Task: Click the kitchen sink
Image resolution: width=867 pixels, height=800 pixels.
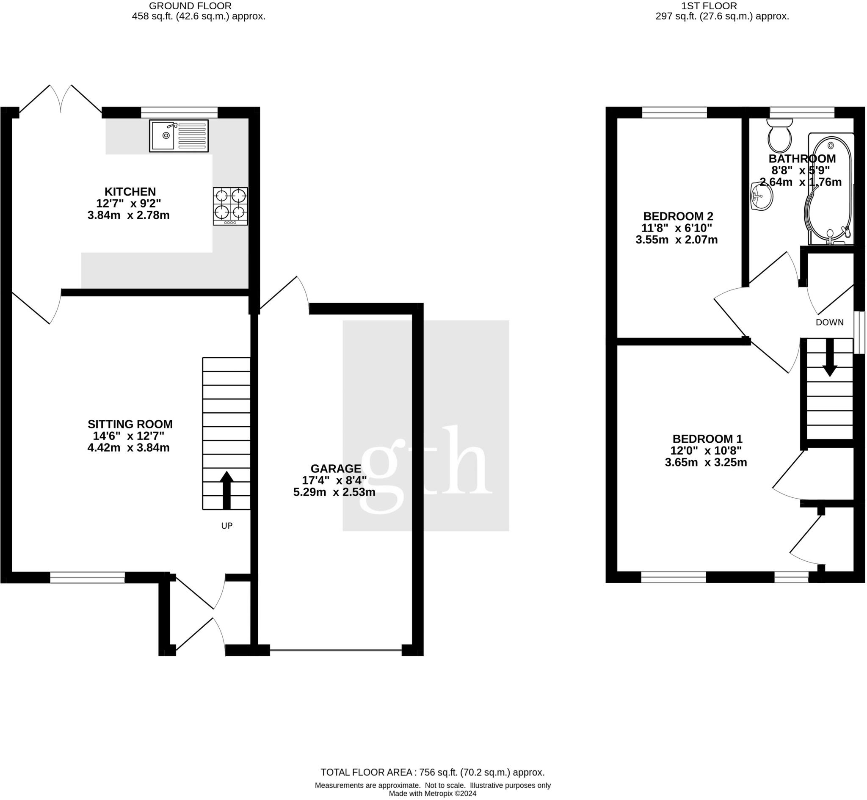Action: point(179,136)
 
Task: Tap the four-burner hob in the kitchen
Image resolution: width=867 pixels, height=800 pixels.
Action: point(230,206)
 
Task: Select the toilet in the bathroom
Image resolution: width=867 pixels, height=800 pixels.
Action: point(779,135)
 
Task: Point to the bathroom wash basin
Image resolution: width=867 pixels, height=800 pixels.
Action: point(762,196)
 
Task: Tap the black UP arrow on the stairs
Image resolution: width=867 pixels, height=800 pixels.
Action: point(226,490)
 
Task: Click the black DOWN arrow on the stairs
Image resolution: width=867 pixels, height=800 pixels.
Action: point(830,358)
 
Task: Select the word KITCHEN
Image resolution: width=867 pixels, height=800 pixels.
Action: point(130,191)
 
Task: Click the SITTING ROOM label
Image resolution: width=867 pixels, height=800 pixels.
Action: point(130,424)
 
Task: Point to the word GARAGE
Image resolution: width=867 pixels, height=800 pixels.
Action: point(336,469)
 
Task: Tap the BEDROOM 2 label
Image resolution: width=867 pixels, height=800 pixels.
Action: point(678,216)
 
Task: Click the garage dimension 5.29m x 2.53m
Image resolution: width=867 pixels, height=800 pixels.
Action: point(334,492)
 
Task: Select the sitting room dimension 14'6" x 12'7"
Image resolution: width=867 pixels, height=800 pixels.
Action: point(129,436)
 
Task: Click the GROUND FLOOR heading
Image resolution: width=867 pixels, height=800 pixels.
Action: point(191,6)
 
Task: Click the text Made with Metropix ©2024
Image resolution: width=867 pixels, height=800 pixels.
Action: point(433,794)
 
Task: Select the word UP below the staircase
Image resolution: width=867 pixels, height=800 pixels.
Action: point(227,526)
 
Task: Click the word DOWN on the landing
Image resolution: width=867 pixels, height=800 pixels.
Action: point(830,322)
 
